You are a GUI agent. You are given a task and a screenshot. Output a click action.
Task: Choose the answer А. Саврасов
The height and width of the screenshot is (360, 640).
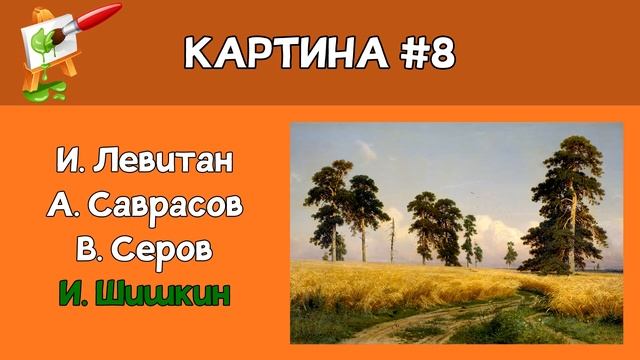pos(145,204)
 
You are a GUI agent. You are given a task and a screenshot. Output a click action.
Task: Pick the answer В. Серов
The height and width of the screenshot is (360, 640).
pos(145,248)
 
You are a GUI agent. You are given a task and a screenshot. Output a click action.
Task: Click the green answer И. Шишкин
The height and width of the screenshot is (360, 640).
pos(145,293)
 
